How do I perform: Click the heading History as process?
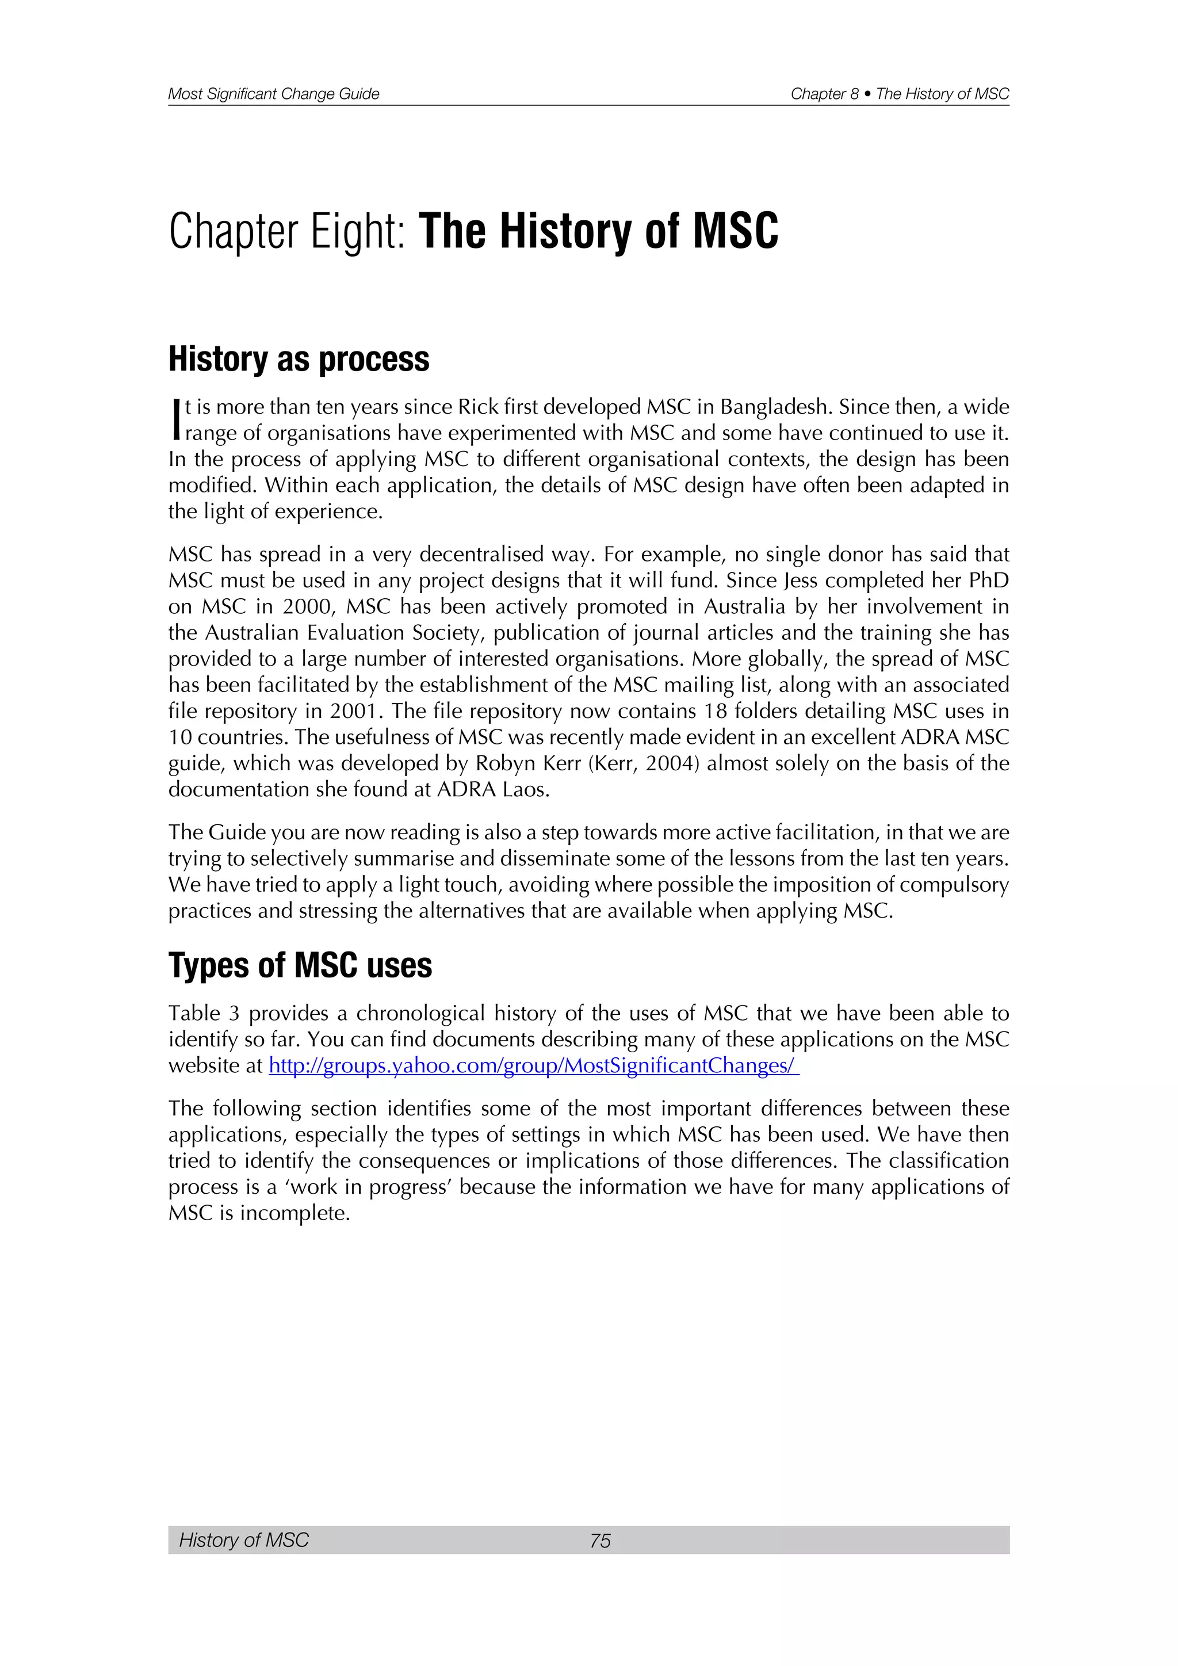click(x=299, y=359)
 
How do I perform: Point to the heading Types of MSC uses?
click(x=300, y=966)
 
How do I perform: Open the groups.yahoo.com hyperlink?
click(x=534, y=1066)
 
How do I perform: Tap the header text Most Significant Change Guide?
click(x=273, y=94)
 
